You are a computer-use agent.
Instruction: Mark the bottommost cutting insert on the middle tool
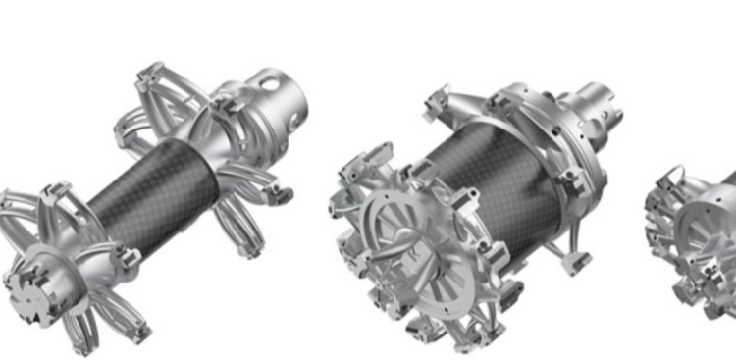451,338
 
